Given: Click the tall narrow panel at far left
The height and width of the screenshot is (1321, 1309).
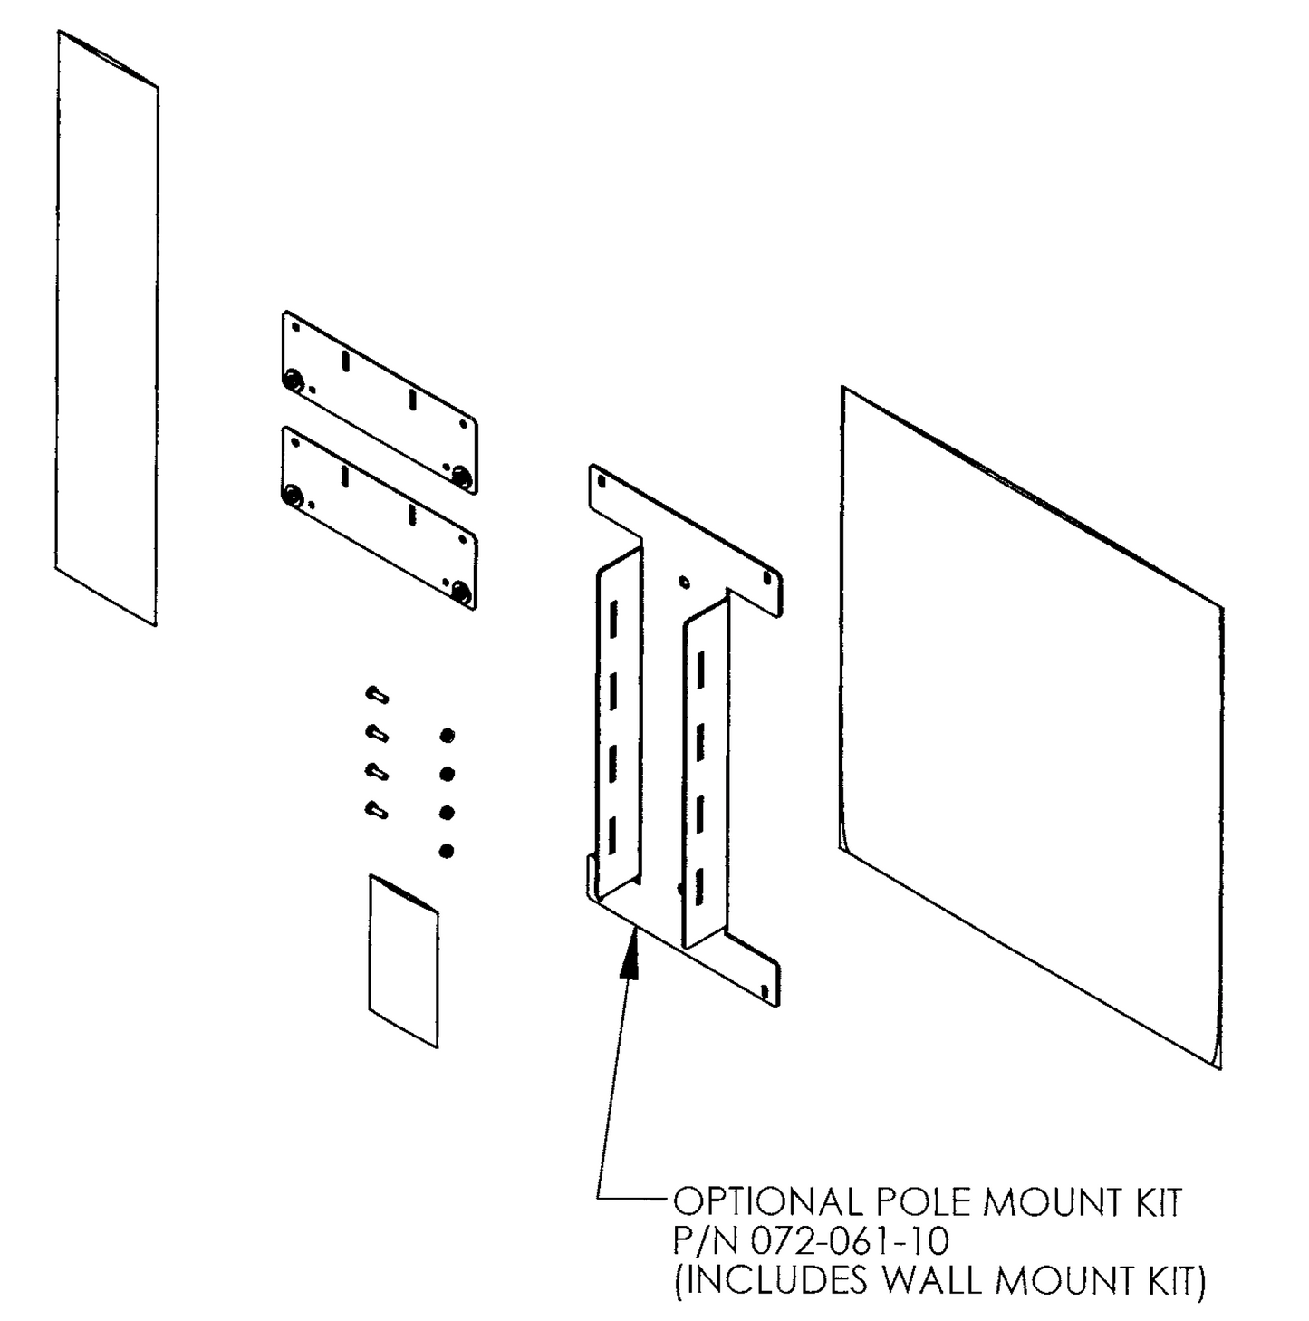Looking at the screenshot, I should coord(107,326).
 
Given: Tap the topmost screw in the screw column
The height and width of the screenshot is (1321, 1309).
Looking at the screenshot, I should coord(376,696).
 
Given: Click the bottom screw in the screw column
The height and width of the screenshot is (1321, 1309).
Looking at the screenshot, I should coord(376,809).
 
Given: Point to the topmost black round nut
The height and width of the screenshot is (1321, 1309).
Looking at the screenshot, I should coord(447,735).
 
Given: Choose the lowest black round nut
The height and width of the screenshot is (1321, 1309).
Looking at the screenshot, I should coord(447,851).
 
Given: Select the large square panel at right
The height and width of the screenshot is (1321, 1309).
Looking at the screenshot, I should coord(1031,725).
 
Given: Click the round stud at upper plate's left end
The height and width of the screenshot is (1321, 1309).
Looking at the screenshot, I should coord(294,381).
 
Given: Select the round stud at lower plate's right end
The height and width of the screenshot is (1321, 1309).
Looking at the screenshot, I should coord(461,593).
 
